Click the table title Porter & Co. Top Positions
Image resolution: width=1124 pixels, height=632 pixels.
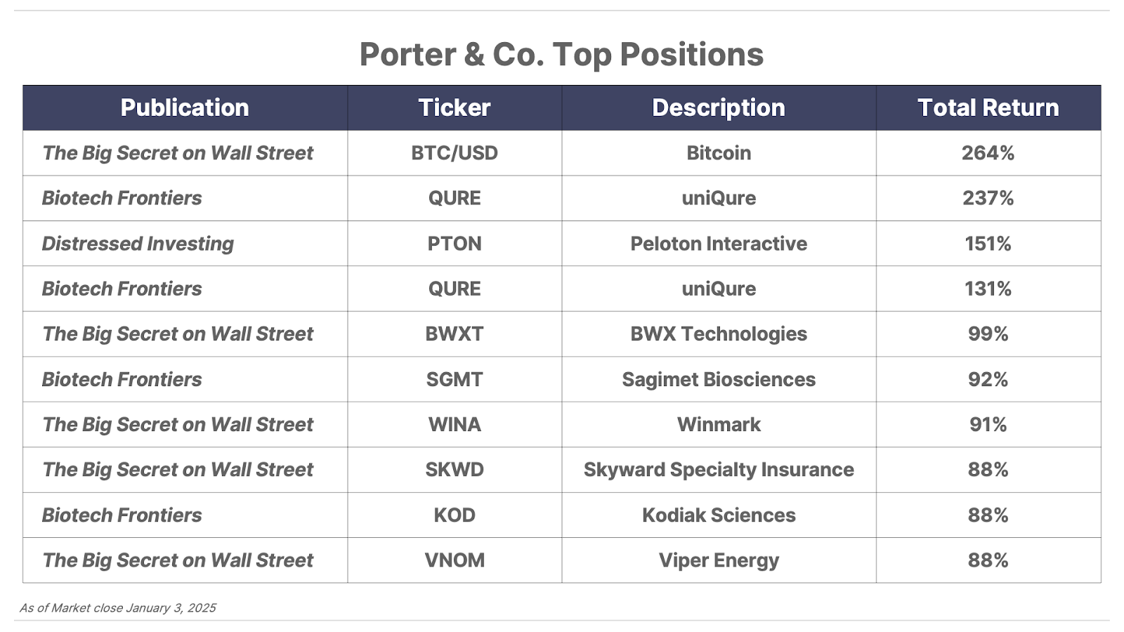click(561, 54)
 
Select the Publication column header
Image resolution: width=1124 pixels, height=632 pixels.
click(185, 107)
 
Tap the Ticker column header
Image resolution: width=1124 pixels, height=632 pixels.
click(455, 107)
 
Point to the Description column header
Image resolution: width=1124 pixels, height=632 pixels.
click(719, 107)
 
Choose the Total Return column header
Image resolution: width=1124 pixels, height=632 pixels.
click(988, 107)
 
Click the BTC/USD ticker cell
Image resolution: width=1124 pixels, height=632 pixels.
click(455, 153)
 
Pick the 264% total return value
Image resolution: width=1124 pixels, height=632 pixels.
click(988, 153)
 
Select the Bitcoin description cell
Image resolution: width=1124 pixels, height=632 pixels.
click(719, 153)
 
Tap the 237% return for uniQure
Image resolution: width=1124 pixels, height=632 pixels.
click(988, 198)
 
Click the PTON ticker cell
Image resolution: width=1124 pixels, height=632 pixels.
click(455, 244)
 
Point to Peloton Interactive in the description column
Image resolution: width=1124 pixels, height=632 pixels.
click(719, 244)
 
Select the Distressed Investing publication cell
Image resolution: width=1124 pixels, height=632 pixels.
click(138, 244)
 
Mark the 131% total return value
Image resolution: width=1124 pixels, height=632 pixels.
click(988, 289)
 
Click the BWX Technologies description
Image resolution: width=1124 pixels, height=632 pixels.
click(719, 334)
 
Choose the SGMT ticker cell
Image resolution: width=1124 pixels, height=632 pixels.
click(455, 380)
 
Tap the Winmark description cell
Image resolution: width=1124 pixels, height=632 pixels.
click(719, 425)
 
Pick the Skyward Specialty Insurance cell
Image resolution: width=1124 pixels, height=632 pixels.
click(719, 470)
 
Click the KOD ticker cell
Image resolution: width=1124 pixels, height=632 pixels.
click(455, 515)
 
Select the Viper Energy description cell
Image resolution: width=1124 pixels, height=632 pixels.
click(719, 561)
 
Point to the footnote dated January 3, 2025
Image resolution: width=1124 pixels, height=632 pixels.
click(118, 608)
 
